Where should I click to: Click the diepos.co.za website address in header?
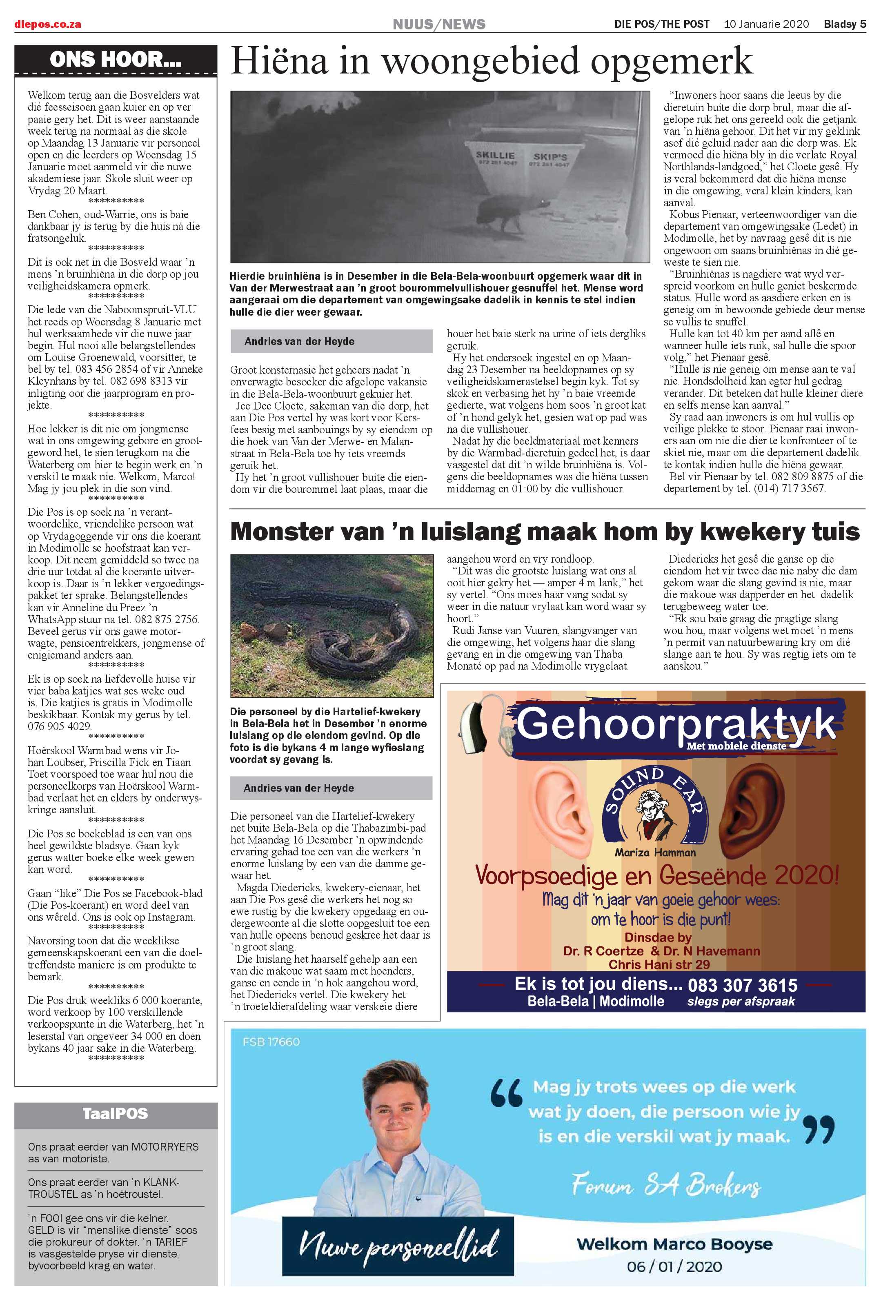[x=48, y=24]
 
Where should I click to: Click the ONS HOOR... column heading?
[x=116, y=59]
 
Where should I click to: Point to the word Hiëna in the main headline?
[x=279, y=61]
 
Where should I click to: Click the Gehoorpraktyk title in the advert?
[x=675, y=724]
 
